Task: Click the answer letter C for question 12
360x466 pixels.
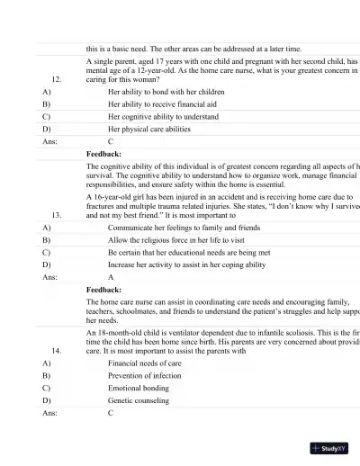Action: coord(111,141)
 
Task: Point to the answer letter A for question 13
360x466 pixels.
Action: coord(111,278)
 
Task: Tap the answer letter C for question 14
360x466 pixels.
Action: coord(111,412)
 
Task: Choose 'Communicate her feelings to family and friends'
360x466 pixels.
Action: coord(184,229)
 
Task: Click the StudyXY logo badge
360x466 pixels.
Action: coord(329,447)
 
